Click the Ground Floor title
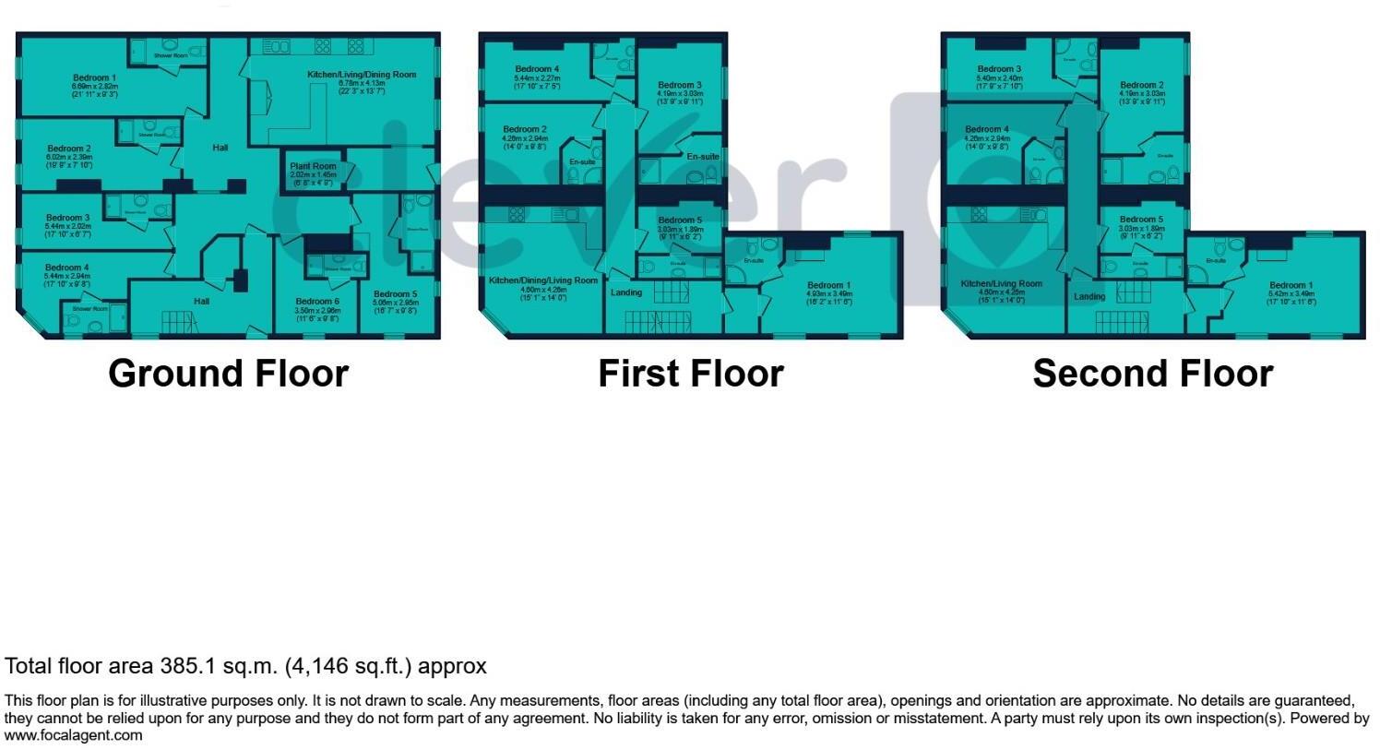click(x=228, y=374)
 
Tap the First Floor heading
click(x=691, y=374)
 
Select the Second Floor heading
click(x=1152, y=374)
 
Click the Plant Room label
click(x=313, y=167)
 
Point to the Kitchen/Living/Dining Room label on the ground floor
click(x=362, y=75)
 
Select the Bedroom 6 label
click(x=317, y=302)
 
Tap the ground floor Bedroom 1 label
click(x=94, y=78)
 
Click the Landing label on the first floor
click(x=626, y=293)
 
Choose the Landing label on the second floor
click(x=1089, y=297)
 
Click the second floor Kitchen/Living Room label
click(x=1001, y=284)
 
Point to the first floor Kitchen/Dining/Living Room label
click(x=543, y=280)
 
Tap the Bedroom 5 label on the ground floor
click(x=395, y=294)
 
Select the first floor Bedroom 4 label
click(x=537, y=69)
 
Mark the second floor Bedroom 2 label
click(x=1142, y=85)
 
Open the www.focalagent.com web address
click(x=74, y=735)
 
